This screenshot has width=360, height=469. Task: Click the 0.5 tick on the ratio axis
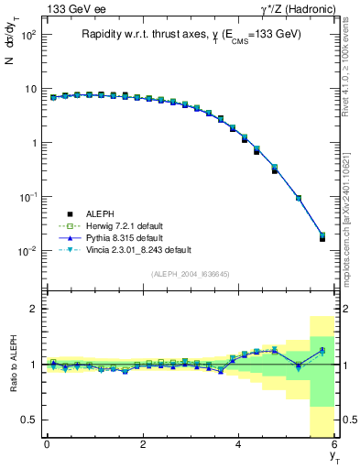tap(29, 420)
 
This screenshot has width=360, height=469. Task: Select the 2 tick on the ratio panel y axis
tap(33, 309)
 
